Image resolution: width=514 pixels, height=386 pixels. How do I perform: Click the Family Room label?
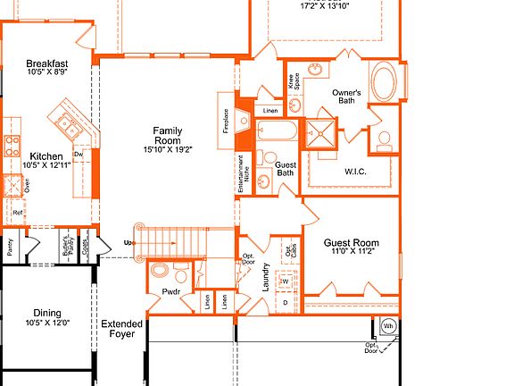167,136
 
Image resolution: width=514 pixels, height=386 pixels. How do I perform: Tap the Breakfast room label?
47,63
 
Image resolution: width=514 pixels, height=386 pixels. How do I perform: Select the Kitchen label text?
46,156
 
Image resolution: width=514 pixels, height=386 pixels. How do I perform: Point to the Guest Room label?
351,243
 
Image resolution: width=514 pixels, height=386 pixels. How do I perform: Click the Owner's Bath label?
346,96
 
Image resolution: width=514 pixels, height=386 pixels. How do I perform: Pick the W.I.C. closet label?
355,171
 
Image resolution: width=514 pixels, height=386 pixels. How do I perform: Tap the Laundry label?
265,276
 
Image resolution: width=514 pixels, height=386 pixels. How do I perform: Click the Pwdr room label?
172,291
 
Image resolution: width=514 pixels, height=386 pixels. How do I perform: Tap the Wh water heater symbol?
388,326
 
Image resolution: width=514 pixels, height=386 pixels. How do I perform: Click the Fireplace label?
227,122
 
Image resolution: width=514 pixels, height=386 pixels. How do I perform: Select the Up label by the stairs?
129,243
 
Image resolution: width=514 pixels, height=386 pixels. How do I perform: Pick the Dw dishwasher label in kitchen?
79,155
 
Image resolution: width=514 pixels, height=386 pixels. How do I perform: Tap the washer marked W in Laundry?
285,281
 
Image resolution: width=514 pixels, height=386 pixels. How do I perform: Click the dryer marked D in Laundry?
285,303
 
